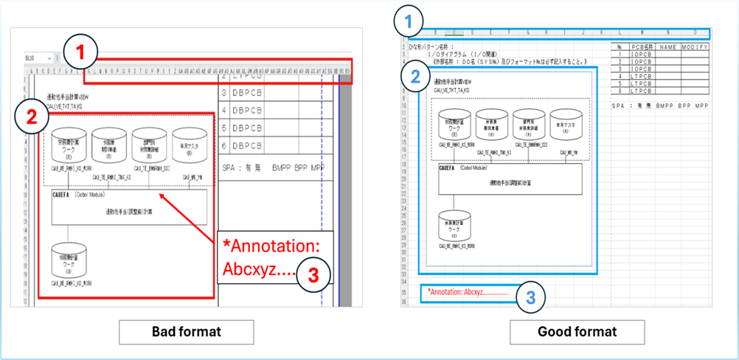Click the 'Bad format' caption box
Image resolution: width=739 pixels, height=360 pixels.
click(x=186, y=331)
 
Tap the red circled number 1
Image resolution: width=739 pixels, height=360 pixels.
click(x=83, y=53)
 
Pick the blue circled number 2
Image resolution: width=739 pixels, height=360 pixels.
click(x=417, y=76)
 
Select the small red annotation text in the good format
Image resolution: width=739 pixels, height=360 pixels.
click(x=467, y=292)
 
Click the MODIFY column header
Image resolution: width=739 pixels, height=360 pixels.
click(x=693, y=46)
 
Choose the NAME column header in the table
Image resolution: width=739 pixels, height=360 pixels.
click(x=667, y=46)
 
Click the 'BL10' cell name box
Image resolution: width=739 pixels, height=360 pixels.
click(x=30, y=58)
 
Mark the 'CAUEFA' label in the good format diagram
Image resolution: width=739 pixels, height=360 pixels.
click(x=446, y=168)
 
